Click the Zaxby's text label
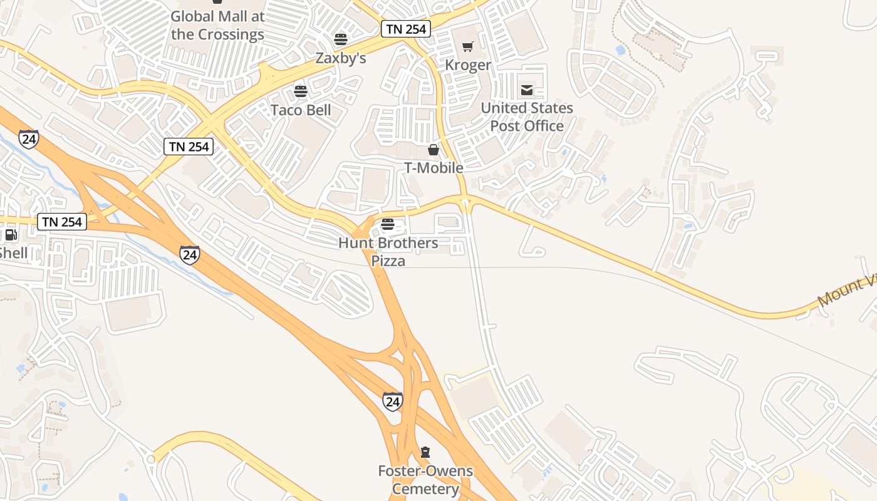(340, 58)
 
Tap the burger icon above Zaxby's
(341, 39)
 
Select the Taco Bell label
(301, 111)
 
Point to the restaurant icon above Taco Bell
(301, 91)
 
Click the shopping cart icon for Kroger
(467, 46)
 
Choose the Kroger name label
(468, 65)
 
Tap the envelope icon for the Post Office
(527, 90)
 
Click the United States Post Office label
(527, 117)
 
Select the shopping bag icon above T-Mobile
(433, 150)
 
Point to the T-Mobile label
(433, 168)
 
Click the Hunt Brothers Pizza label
(388, 252)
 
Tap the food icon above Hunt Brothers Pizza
(388, 224)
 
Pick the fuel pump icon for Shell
(11, 235)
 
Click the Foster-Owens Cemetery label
(425, 480)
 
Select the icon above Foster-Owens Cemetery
(425, 452)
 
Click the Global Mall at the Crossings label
(217, 26)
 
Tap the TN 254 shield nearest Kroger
(406, 29)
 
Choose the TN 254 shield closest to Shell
(61, 222)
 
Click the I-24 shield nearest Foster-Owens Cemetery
(393, 401)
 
